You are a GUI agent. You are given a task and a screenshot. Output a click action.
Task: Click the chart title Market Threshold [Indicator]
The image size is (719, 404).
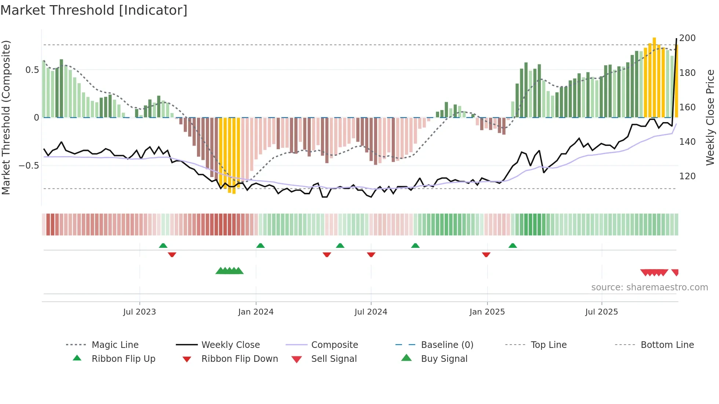(x=94, y=10)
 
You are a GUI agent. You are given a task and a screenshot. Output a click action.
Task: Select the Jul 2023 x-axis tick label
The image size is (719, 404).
(x=139, y=312)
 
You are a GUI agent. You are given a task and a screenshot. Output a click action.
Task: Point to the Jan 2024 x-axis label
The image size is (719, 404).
(x=256, y=312)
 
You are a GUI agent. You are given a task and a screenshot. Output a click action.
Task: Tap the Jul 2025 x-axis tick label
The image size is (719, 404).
(x=601, y=312)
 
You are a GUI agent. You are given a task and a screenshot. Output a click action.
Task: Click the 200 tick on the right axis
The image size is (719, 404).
(x=687, y=38)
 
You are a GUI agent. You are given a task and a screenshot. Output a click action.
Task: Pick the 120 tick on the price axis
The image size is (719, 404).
(x=687, y=176)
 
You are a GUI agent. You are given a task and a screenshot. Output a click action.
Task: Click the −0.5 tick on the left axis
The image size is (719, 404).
(x=29, y=166)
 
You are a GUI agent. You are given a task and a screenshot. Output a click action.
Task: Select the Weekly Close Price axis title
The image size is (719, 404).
(x=710, y=117)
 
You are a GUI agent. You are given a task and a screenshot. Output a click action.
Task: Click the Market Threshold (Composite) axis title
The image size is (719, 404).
(x=6, y=117)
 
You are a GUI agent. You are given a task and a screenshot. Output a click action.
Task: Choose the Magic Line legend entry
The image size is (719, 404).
(x=115, y=345)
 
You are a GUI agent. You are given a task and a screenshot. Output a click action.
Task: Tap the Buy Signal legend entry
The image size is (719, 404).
(x=444, y=359)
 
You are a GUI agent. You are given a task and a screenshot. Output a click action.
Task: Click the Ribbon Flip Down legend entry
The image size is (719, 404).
(x=239, y=359)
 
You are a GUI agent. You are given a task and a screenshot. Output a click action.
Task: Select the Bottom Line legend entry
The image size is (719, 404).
(x=667, y=345)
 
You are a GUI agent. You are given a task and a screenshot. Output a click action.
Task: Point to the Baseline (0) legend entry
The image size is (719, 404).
(x=447, y=345)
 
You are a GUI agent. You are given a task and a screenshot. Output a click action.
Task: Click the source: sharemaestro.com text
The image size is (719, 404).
(x=649, y=287)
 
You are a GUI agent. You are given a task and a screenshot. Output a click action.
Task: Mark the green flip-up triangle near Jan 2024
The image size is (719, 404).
(x=260, y=246)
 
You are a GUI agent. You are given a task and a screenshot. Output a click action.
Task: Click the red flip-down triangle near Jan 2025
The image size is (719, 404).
(x=486, y=254)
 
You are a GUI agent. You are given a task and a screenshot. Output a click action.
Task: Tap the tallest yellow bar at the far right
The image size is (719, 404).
(x=654, y=77)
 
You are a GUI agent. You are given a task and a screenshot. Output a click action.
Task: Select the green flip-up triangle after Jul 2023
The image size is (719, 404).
(x=163, y=246)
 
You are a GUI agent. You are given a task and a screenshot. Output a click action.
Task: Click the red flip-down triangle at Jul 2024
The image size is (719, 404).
(x=371, y=254)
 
